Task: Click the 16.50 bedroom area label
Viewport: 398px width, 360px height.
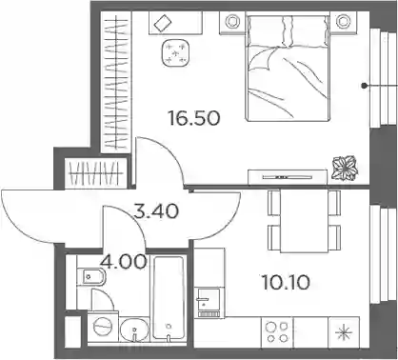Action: pos(194,118)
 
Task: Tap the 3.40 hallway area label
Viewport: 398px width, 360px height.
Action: pos(156,211)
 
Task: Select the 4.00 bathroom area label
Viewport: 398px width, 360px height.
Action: pos(123,262)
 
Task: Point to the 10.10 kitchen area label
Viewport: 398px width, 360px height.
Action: pos(286,283)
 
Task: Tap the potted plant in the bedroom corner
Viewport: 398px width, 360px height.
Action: pos(345,168)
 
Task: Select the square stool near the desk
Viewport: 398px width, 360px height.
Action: pos(176,52)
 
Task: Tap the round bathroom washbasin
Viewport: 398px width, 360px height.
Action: pos(135,330)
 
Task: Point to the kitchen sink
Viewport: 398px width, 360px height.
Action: pos(209,301)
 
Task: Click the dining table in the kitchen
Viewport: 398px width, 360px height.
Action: pos(305,220)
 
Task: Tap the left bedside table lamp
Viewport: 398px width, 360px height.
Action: pos(233,22)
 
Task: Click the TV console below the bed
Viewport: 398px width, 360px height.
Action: pos(288,176)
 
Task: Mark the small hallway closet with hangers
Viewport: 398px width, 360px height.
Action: pos(96,172)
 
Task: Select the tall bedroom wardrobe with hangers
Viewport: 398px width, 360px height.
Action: pos(116,82)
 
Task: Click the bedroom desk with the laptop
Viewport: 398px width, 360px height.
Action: pos(175,23)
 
